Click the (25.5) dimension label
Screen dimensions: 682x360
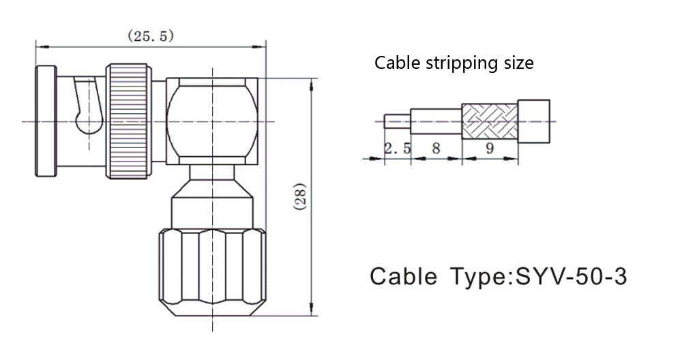coord(151,35)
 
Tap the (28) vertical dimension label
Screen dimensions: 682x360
coord(301,197)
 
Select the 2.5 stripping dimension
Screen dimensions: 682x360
coord(398,148)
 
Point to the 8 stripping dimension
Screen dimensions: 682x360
coord(436,148)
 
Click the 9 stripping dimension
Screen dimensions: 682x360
coord(490,148)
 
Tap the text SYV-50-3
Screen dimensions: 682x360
coord(571,276)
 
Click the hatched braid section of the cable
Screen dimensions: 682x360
coord(489,121)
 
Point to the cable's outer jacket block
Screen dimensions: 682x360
coord(534,121)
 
